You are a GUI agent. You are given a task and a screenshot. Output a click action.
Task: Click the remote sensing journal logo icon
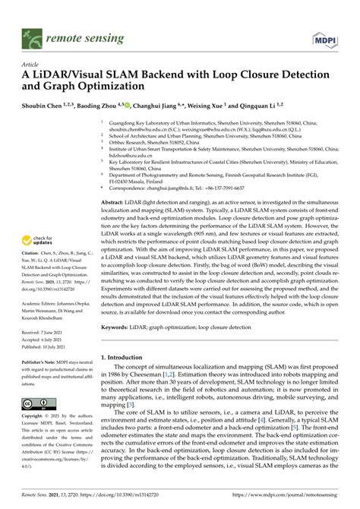(32, 36)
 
